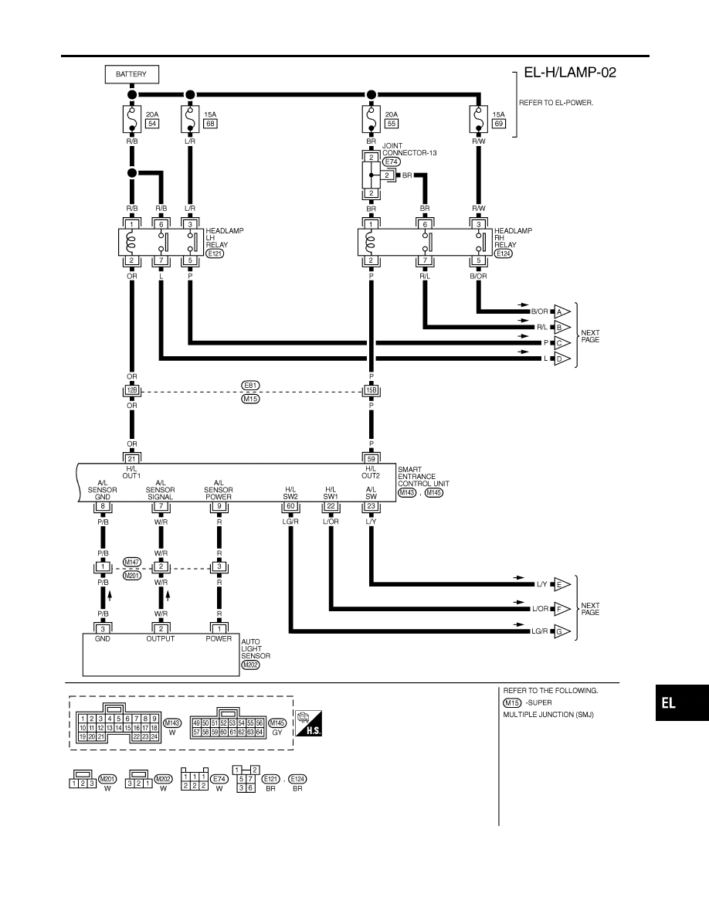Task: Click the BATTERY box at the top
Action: (131, 74)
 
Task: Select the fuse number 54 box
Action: (152, 124)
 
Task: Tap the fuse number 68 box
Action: (210, 124)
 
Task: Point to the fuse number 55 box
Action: (392, 124)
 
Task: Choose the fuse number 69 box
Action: (498, 124)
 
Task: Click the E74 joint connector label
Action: (391, 162)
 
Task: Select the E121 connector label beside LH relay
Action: (215, 253)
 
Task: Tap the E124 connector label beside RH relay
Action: (503, 253)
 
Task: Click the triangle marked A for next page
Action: (561, 311)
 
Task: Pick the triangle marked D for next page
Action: (561, 359)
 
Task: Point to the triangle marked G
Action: (561, 632)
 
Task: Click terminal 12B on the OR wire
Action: (131, 390)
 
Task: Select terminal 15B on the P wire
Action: (371, 390)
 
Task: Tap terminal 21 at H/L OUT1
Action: (131, 459)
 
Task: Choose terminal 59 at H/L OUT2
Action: (371, 459)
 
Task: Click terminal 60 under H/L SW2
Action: (290, 506)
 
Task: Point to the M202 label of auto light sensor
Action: (249, 665)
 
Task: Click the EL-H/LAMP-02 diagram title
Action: (570, 73)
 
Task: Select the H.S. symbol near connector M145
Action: (308, 723)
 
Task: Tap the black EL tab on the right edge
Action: (682, 703)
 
